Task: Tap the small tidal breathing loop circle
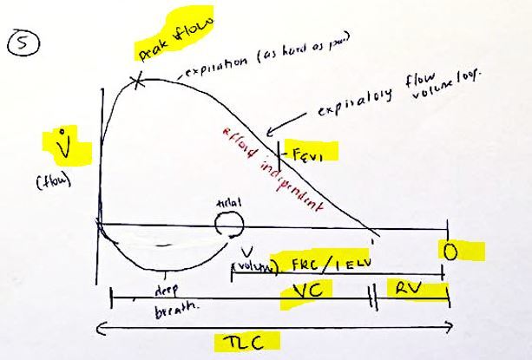(x=230, y=225)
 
